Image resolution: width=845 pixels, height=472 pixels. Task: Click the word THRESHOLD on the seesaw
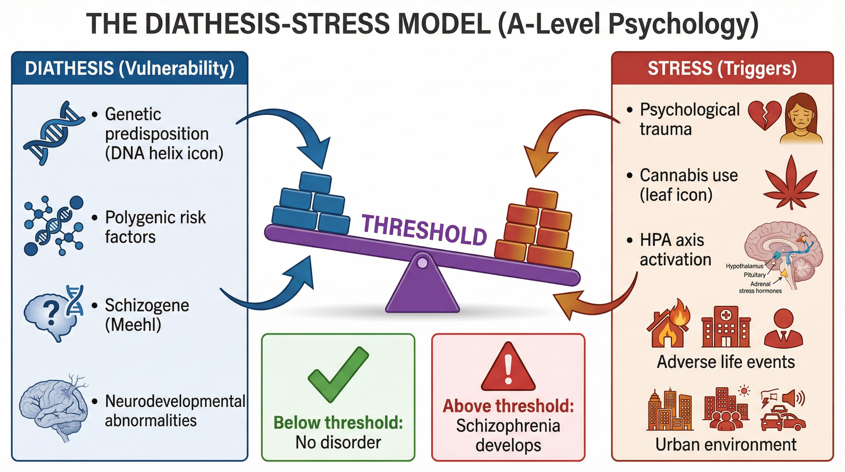[424, 230]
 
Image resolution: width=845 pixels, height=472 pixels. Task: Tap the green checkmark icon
[338, 374]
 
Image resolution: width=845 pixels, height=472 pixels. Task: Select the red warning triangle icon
[508, 368]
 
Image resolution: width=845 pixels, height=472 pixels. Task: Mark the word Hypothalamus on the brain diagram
[745, 266]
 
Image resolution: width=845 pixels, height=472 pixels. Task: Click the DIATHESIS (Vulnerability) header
[130, 68]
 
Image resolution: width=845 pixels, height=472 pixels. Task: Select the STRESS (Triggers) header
[722, 68]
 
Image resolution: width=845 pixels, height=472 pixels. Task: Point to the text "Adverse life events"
[726, 362]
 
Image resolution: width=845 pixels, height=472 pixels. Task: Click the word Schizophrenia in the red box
[508, 426]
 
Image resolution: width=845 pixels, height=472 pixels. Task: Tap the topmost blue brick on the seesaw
[315, 182]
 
